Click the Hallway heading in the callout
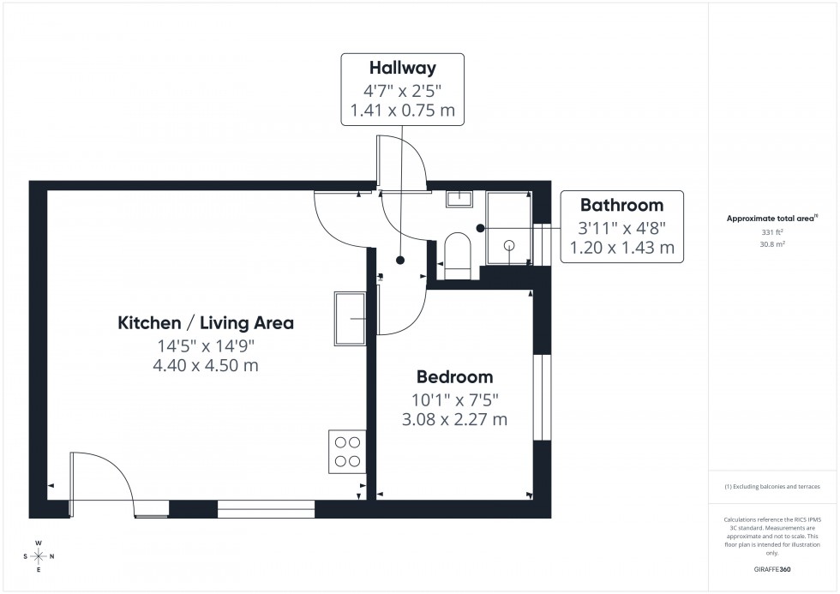[403, 67]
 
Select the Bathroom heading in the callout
[621, 205]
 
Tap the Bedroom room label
[454, 376]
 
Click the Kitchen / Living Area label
[206, 323]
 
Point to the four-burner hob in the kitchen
[346, 452]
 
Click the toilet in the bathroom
[458, 256]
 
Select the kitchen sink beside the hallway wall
[351, 319]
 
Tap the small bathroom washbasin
[459, 199]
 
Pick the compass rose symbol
[39, 556]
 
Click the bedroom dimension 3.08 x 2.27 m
[454, 419]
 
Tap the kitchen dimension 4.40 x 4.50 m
[206, 366]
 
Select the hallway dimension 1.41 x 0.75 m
[403, 110]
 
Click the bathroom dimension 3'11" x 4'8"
[621, 227]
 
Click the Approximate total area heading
[772, 219]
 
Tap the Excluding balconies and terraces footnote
[772, 486]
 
